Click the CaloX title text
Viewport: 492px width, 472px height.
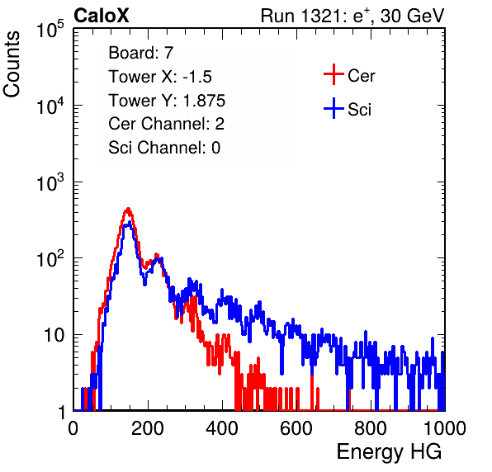click(x=101, y=16)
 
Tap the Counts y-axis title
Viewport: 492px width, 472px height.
click(x=12, y=64)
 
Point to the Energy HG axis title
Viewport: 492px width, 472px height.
click(x=389, y=451)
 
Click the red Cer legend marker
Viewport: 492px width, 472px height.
click(x=334, y=74)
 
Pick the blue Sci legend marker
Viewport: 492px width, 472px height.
click(x=334, y=109)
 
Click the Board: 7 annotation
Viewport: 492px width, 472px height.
click(x=141, y=53)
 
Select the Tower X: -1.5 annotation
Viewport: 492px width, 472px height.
click(x=160, y=77)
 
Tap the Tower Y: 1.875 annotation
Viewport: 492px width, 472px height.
click(x=167, y=101)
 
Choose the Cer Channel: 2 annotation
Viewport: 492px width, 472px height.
click(x=166, y=124)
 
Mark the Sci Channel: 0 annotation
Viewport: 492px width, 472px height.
click(x=164, y=148)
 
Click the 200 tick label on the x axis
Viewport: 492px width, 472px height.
click(x=148, y=428)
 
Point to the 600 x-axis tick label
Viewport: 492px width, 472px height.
click(x=296, y=428)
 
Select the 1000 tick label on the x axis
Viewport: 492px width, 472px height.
click(x=444, y=428)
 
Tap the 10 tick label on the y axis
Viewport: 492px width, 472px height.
click(x=54, y=335)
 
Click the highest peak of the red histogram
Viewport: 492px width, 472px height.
click(x=128, y=209)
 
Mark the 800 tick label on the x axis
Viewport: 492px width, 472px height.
click(x=371, y=428)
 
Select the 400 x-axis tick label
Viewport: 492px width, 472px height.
click(x=222, y=428)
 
